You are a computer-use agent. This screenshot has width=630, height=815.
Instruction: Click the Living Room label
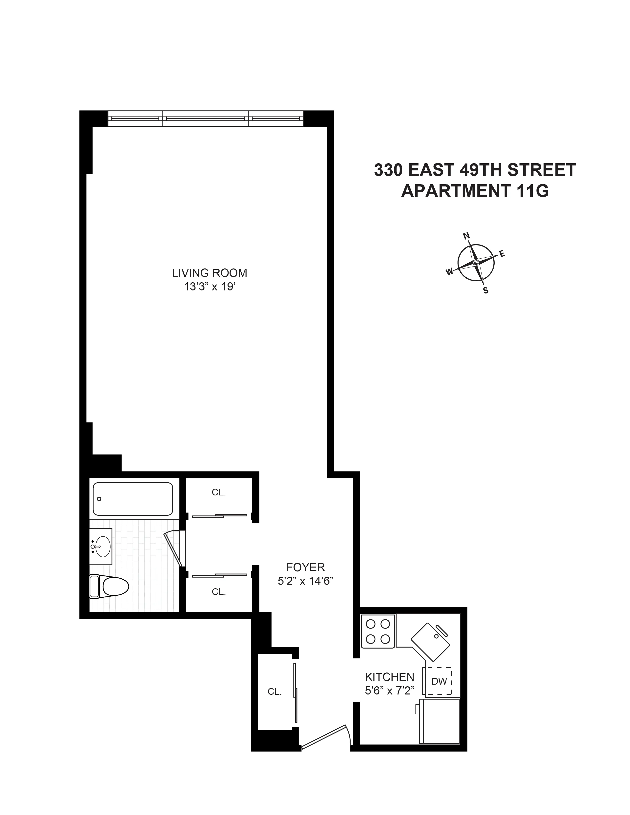coord(209,273)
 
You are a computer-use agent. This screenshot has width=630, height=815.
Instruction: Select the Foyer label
coord(305,567)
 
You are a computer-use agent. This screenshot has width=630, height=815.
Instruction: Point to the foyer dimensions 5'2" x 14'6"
coord(305,581)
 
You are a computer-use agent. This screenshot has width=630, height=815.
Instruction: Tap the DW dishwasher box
coord(439,681)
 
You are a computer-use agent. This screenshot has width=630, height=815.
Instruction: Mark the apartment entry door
coord(325,736)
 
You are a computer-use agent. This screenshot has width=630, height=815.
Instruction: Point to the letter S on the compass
coord(485,290)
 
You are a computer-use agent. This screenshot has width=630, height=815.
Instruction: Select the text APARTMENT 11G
coord(475,191)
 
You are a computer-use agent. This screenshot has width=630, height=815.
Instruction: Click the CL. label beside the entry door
coord(274,692)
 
